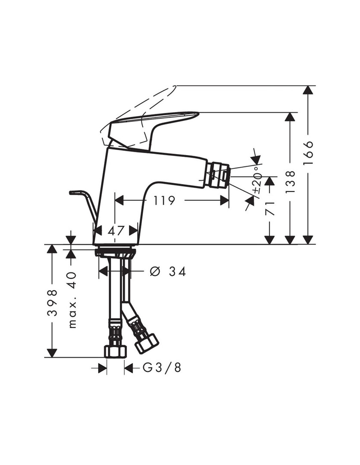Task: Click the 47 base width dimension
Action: click(x=116, y=231)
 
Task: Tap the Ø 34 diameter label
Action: click(x=168, y=272)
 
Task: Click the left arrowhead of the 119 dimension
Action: click(x=119, y=201)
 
